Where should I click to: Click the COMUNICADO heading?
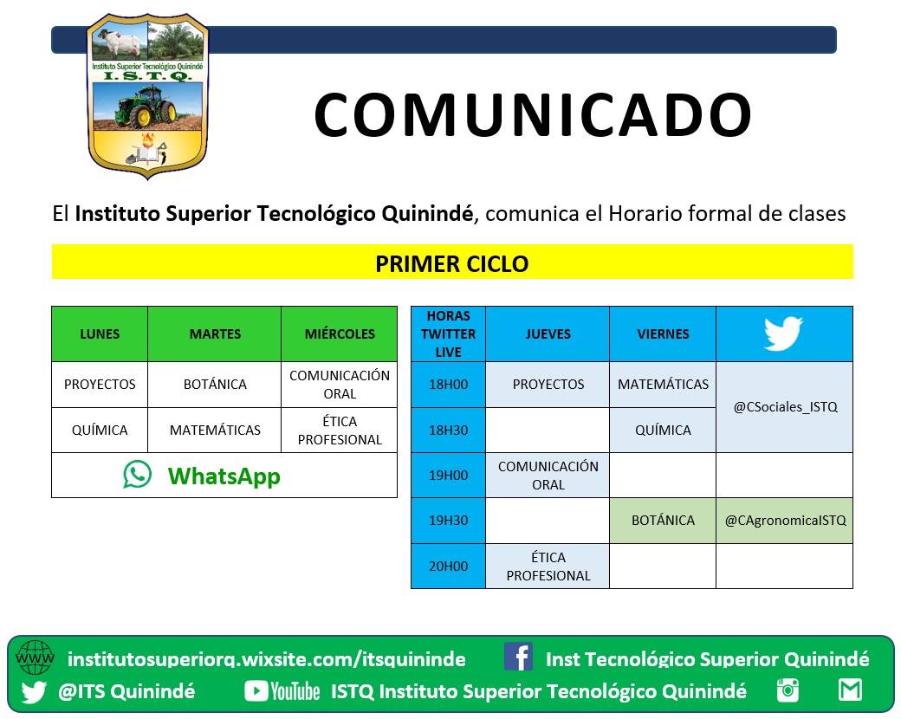533,115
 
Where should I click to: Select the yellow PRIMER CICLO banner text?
451,264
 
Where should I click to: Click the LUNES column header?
100,334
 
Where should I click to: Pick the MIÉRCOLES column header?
340,334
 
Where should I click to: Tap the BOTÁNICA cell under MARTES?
215,385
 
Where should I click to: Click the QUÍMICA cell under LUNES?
100,431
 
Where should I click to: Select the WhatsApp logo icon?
138,475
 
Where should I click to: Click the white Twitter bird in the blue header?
783,333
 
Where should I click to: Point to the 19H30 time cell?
448,521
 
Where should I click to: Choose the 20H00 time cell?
448,567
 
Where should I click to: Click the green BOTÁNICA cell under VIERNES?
663,521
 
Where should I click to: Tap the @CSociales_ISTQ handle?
786,407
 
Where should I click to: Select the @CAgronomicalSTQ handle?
786,521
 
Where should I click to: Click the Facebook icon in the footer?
518,657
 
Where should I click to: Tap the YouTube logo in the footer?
282,690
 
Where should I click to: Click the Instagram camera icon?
788,690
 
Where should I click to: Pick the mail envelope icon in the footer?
850,690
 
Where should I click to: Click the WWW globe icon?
35,657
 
